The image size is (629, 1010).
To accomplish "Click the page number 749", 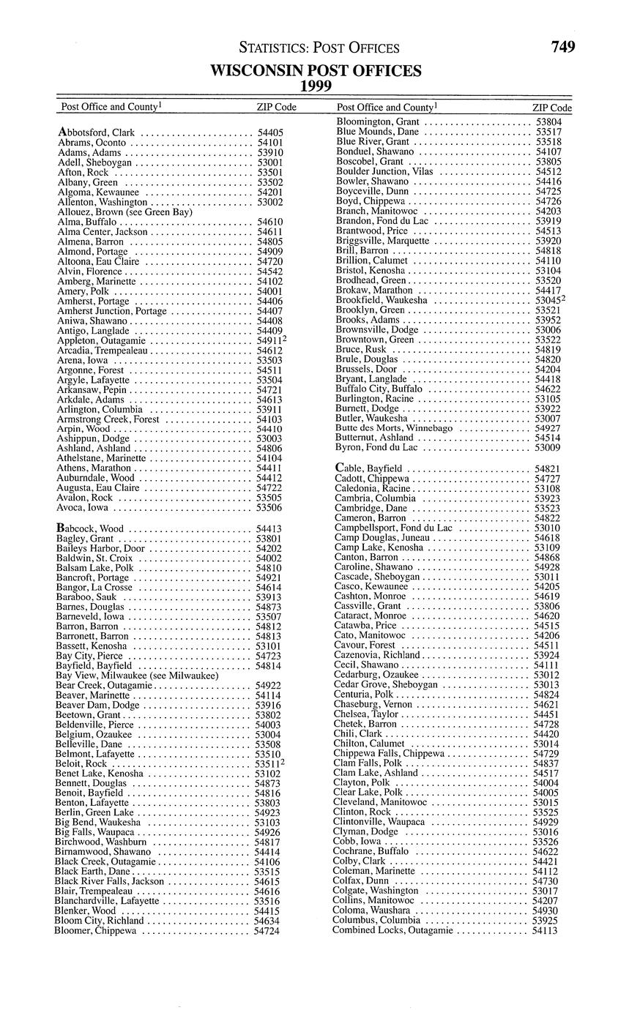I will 563,48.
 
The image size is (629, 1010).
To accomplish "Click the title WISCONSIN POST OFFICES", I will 316,71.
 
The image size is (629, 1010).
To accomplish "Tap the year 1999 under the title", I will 316,86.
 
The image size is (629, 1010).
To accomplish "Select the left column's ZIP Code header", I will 276,107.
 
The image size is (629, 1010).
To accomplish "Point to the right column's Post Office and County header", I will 387,108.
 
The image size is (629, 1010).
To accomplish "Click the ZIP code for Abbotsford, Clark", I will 270,133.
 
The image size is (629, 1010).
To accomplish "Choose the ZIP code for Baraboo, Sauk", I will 269,597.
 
